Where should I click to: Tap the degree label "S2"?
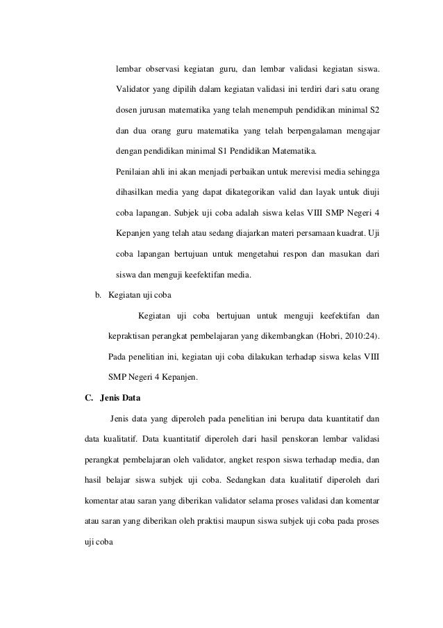(x=374, y=111)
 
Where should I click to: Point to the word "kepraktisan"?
(x=135, y=337)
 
